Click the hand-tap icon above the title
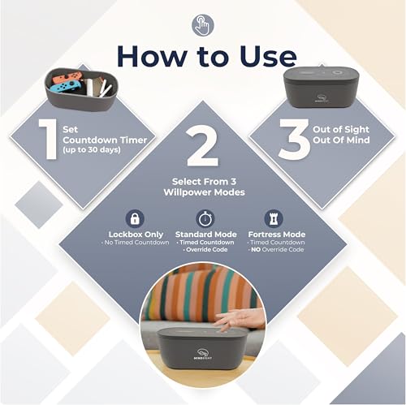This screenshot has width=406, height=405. pos(202,25)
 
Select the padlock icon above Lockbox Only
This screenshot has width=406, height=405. pos(135,217)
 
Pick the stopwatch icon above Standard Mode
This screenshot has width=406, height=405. pos(205,217)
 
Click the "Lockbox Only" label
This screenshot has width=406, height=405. pos(135,234)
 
